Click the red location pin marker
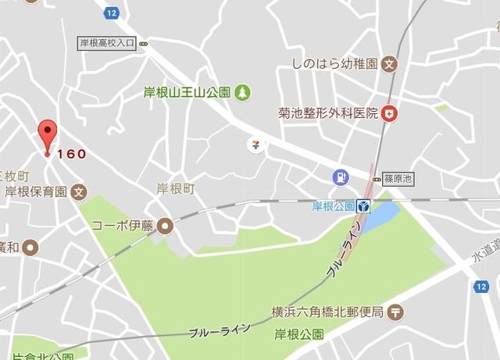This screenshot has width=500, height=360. (x=48, y=135)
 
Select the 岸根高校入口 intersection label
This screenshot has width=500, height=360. (x=108, y=44)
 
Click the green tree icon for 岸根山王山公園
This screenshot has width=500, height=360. (x=243, y=92)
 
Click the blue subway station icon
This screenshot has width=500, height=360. (x=364, y=207)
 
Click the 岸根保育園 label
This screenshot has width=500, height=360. (x=34, y=191)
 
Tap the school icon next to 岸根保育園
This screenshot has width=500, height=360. (x=78, y=191)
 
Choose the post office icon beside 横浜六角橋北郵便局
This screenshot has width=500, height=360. (x=395, y=312)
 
